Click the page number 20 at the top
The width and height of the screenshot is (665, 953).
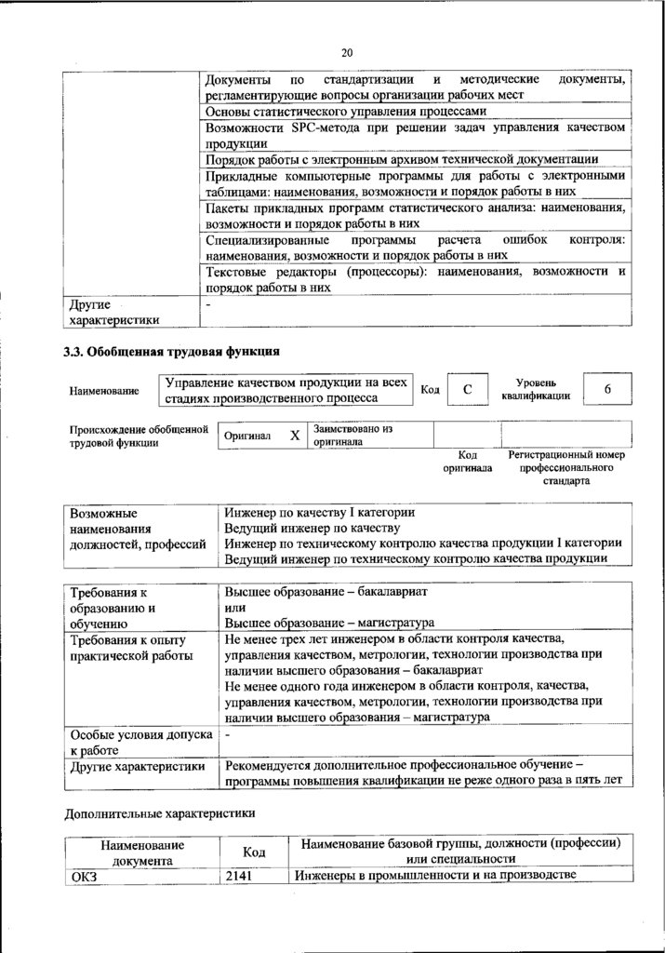coord(347,52)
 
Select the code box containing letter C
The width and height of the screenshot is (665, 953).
coord(469,390)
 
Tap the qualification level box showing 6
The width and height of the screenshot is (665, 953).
coord(606,389)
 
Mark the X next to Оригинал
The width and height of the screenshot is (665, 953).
coord(294,436)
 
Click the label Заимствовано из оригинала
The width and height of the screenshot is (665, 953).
coord(352,436)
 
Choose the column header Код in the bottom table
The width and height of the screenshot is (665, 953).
coord(254,852)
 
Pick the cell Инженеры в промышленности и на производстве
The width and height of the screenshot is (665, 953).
coord(435,875)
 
